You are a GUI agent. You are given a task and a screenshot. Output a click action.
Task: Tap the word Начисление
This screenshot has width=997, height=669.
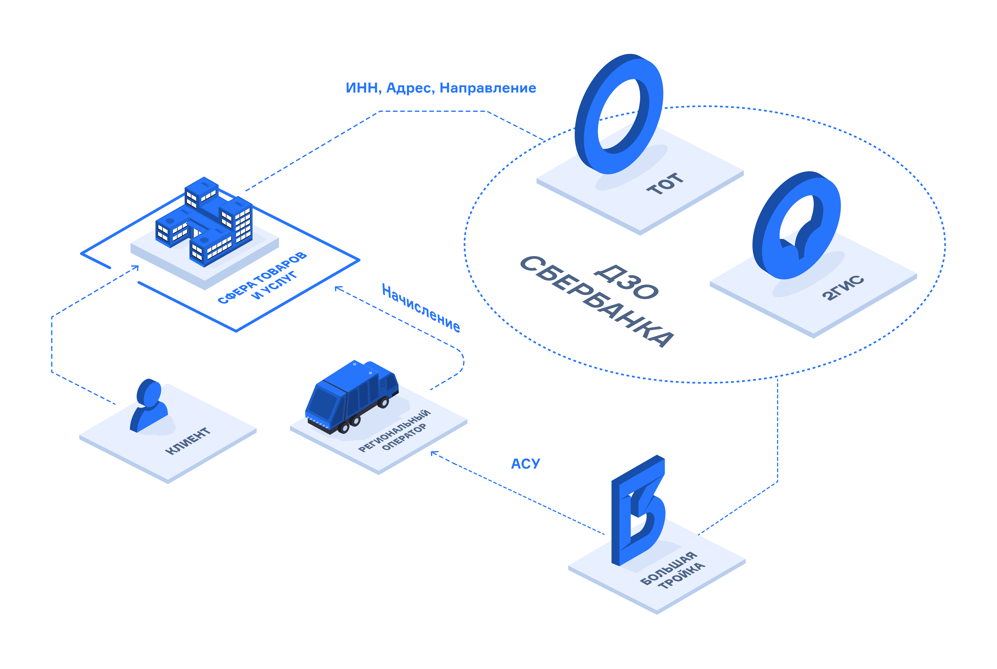[421, 308]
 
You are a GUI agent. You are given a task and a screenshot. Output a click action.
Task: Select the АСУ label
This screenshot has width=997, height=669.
[525, 464]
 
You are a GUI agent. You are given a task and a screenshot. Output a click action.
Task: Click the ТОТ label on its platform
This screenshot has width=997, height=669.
[665, 184]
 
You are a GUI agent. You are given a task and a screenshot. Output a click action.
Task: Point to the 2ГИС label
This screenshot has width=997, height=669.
[843, 288]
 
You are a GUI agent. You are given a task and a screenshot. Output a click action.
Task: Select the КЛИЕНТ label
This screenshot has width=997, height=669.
[188, 441]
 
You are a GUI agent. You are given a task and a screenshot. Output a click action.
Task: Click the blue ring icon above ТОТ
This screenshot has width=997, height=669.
[619, 114]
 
